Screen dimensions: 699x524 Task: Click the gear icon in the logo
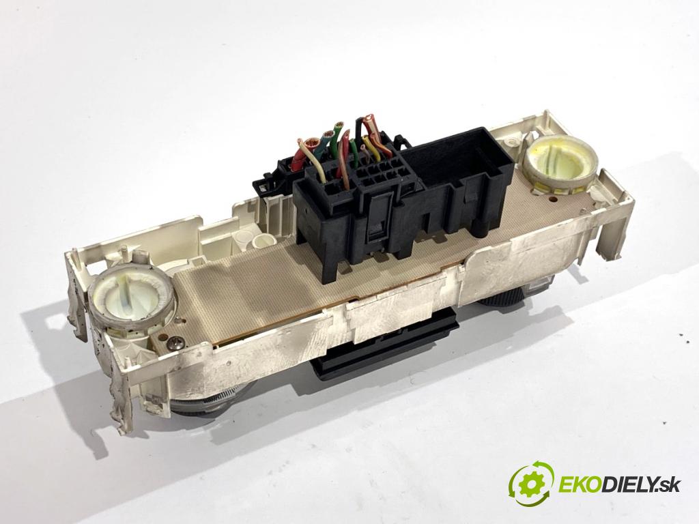pyautogui.click(x=532, y=482)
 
